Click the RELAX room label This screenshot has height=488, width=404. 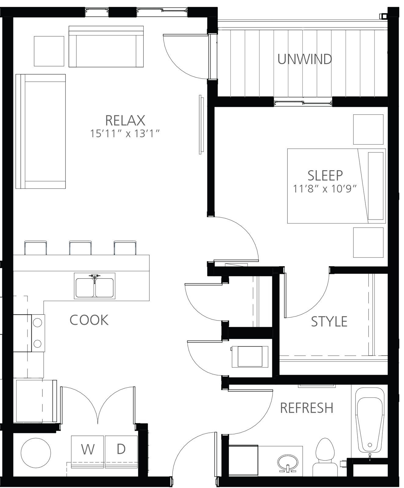click(x=125, y=120)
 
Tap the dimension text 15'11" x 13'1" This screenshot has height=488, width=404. click(x=125, y=134)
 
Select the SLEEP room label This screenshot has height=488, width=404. click(x=325, y=175)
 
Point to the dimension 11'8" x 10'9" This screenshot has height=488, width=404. click(x=325, y=189)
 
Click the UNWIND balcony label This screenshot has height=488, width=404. click(x=305, y=59)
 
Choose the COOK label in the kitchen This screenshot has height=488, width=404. click(x=89, y=320)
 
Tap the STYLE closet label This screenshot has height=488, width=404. click(x=329, y=321)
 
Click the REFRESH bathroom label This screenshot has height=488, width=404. click(x=307, y=408)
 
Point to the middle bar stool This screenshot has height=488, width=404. click(x=80, y=248)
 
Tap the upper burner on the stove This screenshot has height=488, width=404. click(x=38, y=322)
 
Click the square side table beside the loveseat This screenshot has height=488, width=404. click(x=49, y=51)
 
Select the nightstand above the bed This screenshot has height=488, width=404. click(x=368, y=129)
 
